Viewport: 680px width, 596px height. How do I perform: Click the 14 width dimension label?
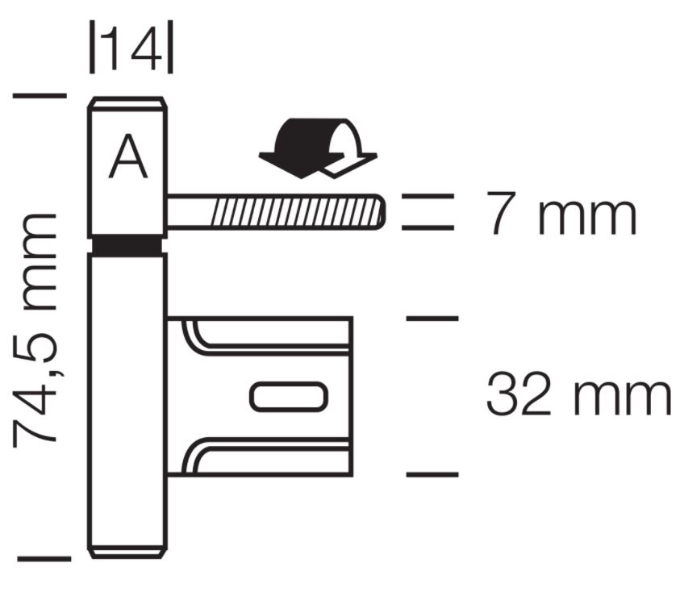click(x=131, y=48)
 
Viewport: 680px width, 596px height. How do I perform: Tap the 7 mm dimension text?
click(x=561, y=212)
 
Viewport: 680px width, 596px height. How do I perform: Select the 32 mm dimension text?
click(x=578, y=393)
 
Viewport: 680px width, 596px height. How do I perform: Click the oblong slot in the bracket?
click(x=289, y=396)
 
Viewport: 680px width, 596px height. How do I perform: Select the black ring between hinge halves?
click(x=127, y=245)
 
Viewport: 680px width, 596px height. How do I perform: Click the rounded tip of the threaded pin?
click(x=380, y=211)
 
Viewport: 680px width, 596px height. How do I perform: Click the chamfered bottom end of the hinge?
click(x=127, y=552)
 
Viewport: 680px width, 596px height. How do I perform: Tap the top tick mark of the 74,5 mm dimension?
click(x=40, y=95)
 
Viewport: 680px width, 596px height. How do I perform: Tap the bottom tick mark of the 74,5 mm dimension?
click(x=44, y=559)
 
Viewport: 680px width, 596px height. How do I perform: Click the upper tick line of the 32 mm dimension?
click(x=432, y=318)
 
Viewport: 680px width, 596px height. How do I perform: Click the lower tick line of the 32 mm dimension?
click(x=432, y=475)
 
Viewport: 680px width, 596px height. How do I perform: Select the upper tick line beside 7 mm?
click(x=428, y=196)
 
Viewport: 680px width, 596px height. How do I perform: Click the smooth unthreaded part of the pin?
click(x=189, y=211)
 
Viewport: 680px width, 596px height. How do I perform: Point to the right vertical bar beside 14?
click(x=170, y=47)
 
